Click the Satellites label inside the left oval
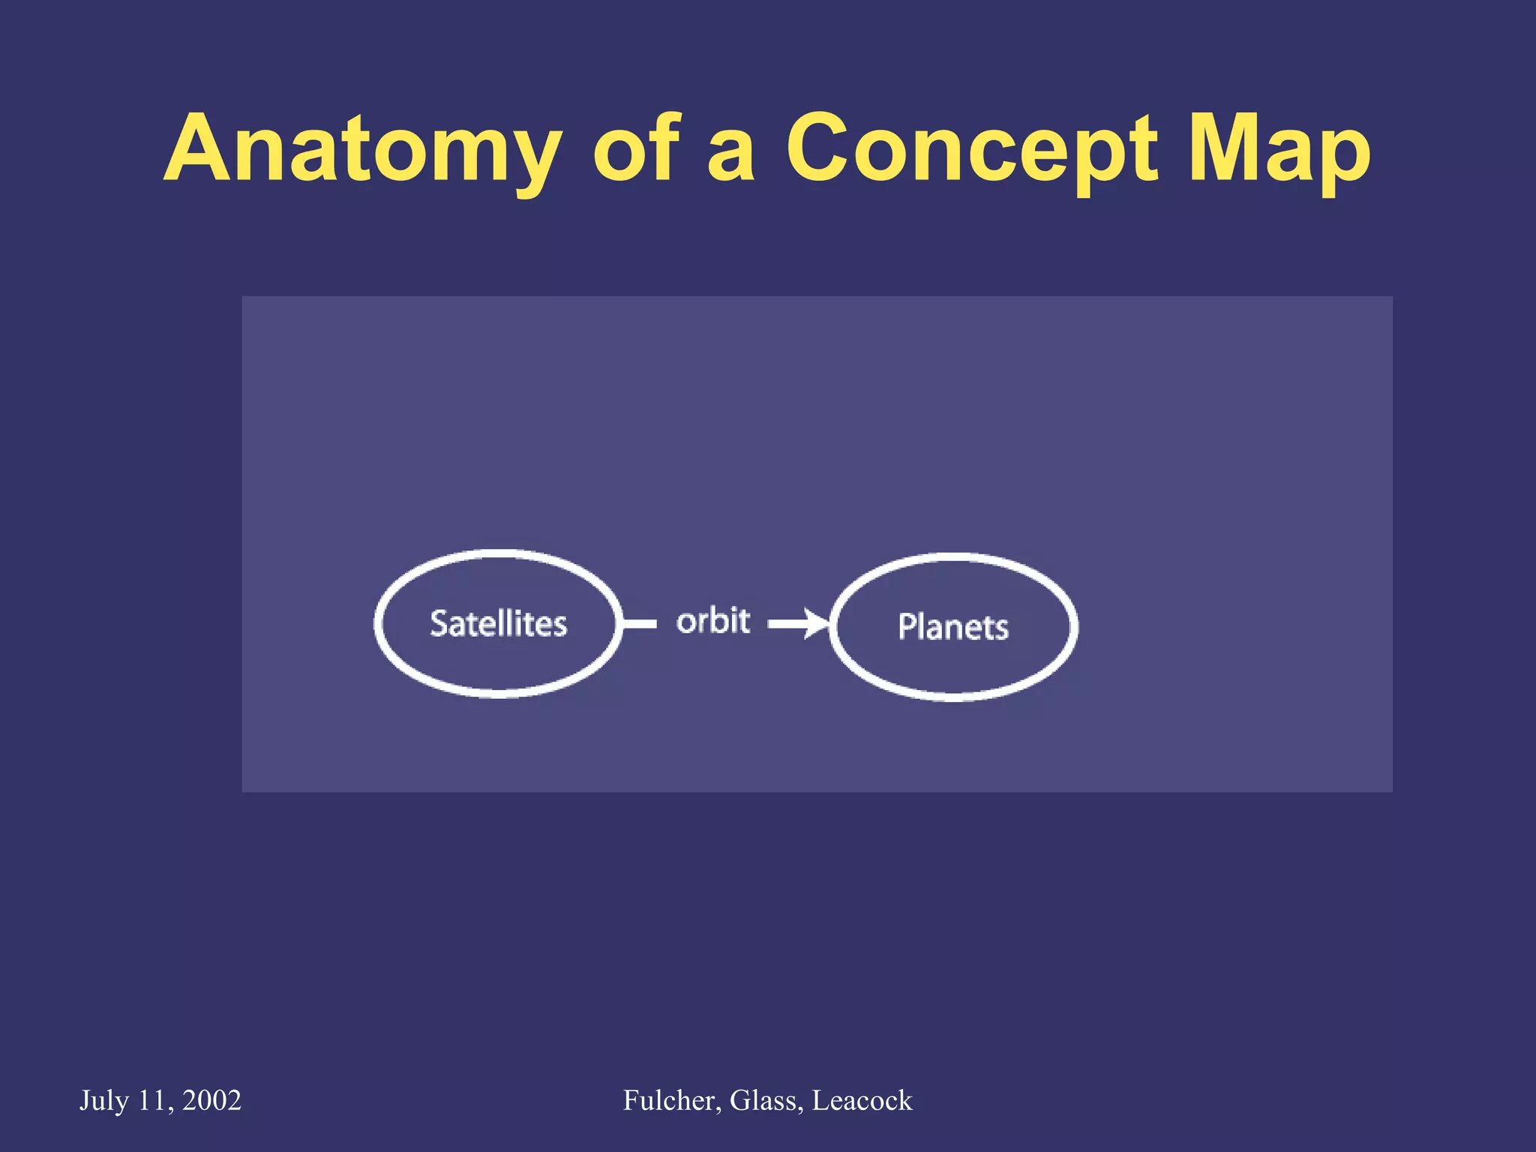pos(498,624)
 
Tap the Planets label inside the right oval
pos(952,627)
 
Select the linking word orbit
pos(712,621)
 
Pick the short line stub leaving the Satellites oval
pos(640,624)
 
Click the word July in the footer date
pos(104,1100)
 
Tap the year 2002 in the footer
pos(211,1100)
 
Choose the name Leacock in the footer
pos(862,1100)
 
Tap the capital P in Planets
pos(907,626)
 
